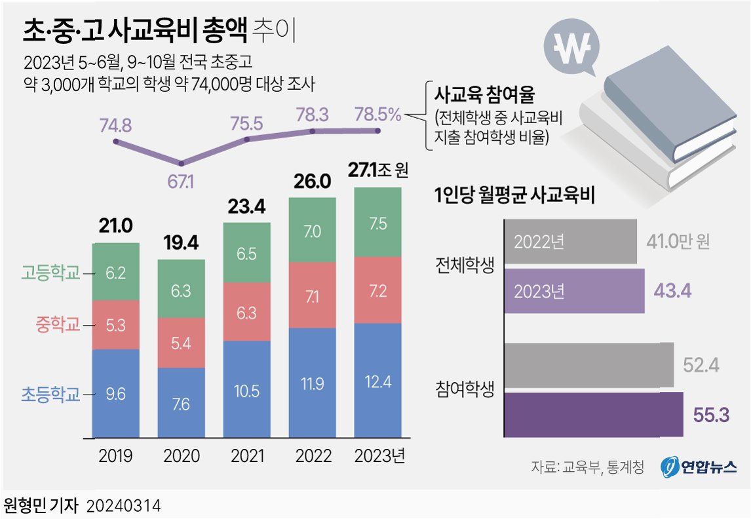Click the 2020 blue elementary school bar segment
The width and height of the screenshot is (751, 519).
[x=181, y=402]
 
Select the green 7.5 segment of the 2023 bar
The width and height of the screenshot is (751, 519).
[x=377, y=222]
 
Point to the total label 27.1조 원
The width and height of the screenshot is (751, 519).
[x=377, y=171]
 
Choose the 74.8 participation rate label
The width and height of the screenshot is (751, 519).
[x=116, y=125]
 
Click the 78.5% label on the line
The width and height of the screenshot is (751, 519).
[x=377, y=115]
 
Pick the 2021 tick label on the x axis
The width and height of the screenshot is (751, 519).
[x=246, y=456]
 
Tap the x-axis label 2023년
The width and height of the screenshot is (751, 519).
[x=379, y=456]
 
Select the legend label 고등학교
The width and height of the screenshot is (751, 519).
[x=51, y=273]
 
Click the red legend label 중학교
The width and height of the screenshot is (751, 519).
[x=58, y=324]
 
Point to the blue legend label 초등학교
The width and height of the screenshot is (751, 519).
[x=51, y=394]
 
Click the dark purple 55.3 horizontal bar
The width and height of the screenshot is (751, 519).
[x=594, y=415]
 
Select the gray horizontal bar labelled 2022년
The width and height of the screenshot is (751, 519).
[x=570, y=242]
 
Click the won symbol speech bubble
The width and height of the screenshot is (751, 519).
[x=568, y=48]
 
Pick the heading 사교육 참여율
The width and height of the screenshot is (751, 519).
[x=484, y=96]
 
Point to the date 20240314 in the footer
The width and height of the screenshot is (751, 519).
[x=124, y=506]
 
